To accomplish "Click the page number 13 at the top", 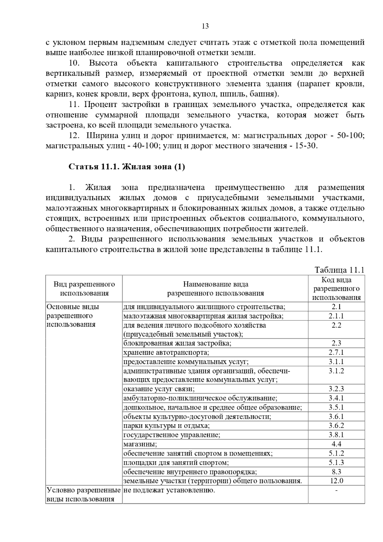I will [x=205, y=26].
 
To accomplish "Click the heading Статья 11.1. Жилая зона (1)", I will [x=127, y=167].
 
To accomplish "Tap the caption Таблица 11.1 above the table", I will [x=339, y=270].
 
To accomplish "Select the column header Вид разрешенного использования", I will [x=84, y=289].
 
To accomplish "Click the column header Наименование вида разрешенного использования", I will [x=215, y=289].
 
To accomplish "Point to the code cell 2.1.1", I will [x=336, y=316].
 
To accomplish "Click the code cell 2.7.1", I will [x=336, y=352].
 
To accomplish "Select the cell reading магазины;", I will [x=140, y=444].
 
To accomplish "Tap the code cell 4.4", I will [x=336, y=444].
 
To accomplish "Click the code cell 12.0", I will [x=336, y=481].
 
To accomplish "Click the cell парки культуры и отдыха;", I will [x=166, y=425].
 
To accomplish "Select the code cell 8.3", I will [x=336, y=471].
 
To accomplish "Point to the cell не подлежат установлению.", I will [x=169, y=490].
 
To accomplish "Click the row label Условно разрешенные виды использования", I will [x=84, y=494].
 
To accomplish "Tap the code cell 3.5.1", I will [x=336, y=407].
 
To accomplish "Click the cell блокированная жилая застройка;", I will [x=177, y=343].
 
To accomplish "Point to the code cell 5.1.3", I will [x=336, y=462].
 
